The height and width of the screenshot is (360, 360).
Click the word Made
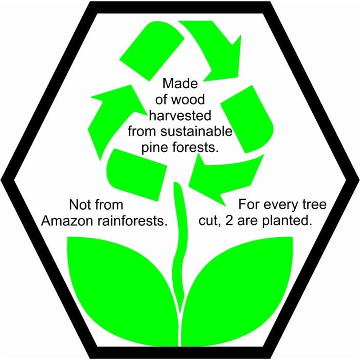click(x=180, y=83)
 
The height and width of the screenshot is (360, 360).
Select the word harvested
click(x=180, y=116)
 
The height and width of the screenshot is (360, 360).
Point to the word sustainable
click(x=196, y=131)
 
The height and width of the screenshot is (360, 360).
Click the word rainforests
click(x=132, y=221)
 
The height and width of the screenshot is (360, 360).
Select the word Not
click(x=78, y=205)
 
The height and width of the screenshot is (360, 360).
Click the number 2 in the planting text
click(x=229, y=221)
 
